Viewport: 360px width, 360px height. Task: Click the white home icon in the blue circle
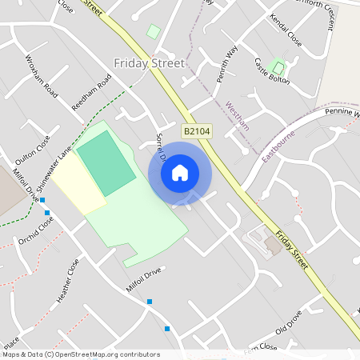[x=180, y=173]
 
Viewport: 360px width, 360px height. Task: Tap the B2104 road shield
[x=197, y=130]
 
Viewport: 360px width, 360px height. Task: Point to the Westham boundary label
[x=238, y=116]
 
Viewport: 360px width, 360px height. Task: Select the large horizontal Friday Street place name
[x=149, y=63]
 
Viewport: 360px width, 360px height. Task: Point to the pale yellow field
[x=77, y=182]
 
